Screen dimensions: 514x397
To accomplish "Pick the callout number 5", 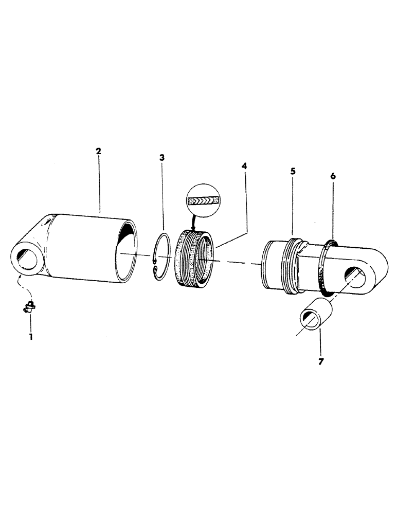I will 293,172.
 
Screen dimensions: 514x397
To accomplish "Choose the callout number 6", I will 333,176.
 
